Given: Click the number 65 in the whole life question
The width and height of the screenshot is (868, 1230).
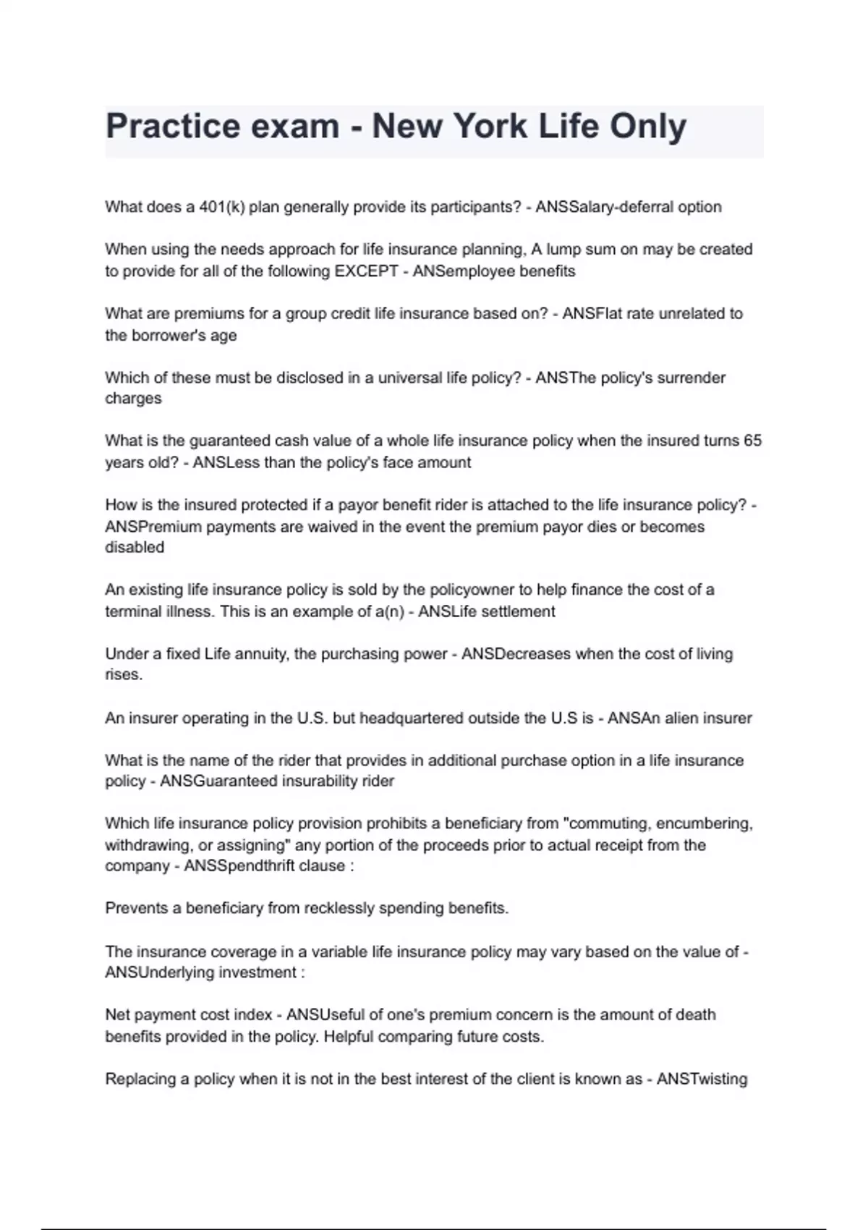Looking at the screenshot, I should [x=752, y=441].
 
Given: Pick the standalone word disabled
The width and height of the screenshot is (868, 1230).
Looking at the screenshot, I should [x=135, y=548].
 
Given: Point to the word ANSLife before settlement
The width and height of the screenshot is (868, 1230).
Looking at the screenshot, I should [x=447, y=611].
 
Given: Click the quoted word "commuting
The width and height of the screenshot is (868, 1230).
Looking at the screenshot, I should [x=604, y=823].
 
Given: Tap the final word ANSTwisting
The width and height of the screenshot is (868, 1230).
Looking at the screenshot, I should [x=702, y=1079].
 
